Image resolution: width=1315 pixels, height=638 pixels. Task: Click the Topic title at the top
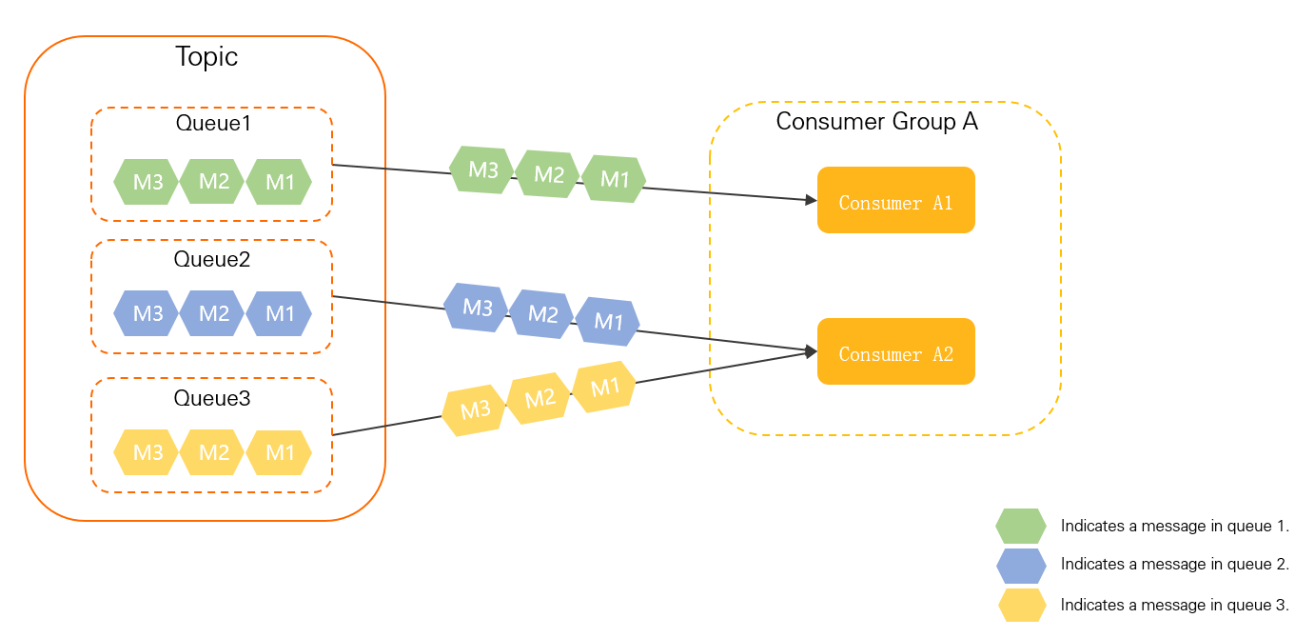pyautogui.click(x=206, y=57)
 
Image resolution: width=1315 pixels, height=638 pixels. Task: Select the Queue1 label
pyautogui.click(x=213, y=123)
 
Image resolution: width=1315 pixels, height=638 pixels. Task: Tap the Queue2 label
pyautogui.click(x=212, y=259)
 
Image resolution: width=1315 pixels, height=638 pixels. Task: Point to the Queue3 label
pyautogui.click(x=212, y=398)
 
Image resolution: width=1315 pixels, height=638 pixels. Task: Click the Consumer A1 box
pyautogui.click(x=895, y=200)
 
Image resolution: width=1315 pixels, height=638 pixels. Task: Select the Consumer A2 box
pyautogui.click(x=895, y=351)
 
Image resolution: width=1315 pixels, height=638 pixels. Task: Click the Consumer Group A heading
pyautogui.click(x=876, y=122)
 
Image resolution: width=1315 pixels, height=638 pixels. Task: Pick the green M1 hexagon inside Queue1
pyautogui.click(x=279, y=182)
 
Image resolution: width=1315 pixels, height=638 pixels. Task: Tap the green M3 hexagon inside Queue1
pyautogui.click(x=147, y=182)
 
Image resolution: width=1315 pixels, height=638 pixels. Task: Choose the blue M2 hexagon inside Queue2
pyautogui.click(x=213, y=313)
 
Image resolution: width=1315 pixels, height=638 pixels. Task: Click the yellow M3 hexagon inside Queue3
pyautogui.click(x=147, y=452)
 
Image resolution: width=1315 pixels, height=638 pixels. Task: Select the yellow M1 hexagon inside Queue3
pyautogui.click(x=279, y=452)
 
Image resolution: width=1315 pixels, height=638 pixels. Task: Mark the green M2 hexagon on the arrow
pyautogui.click(x=548, y=174)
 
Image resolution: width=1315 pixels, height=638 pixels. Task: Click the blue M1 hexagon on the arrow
pyautogui.click(x=607, y=321)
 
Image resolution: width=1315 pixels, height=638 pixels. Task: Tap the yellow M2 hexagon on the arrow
pyautogui.click(x=539, y=399)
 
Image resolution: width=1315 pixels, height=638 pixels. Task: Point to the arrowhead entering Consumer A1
pyautogui.click(x=812, y=200)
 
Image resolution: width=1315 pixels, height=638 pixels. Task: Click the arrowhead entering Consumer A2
pyautogui.click(x=812, y=351)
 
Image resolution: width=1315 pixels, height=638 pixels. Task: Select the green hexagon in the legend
pyautogui.click(x=1021, y=526)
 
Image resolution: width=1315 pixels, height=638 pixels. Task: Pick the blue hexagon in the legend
pyautogui.click(x=1021, y=565)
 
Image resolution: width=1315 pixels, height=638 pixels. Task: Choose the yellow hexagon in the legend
pyautogui.click(x=1021, y=605)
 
